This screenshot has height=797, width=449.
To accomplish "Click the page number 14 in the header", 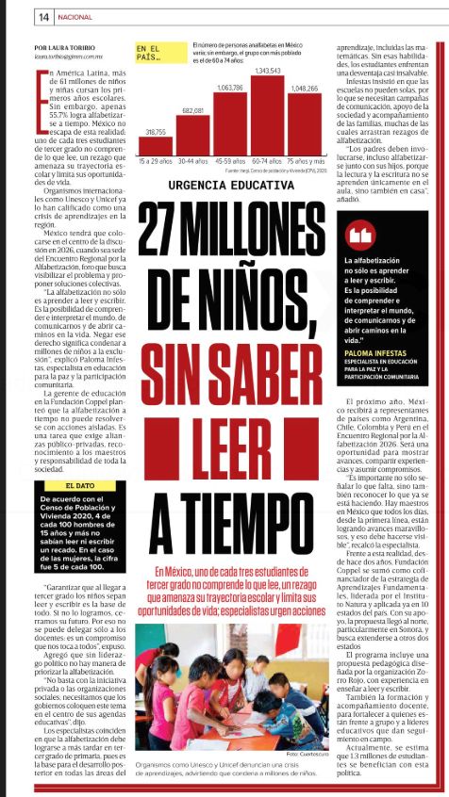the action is pyautogui.click(x=17, y=16).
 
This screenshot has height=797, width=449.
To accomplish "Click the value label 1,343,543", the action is pyautogui.click(x=269, y=71).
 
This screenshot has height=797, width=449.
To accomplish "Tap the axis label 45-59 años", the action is pyautogui.click(x=230, y=161).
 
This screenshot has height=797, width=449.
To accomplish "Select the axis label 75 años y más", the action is pyautogui.click(x=305, y=161).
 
